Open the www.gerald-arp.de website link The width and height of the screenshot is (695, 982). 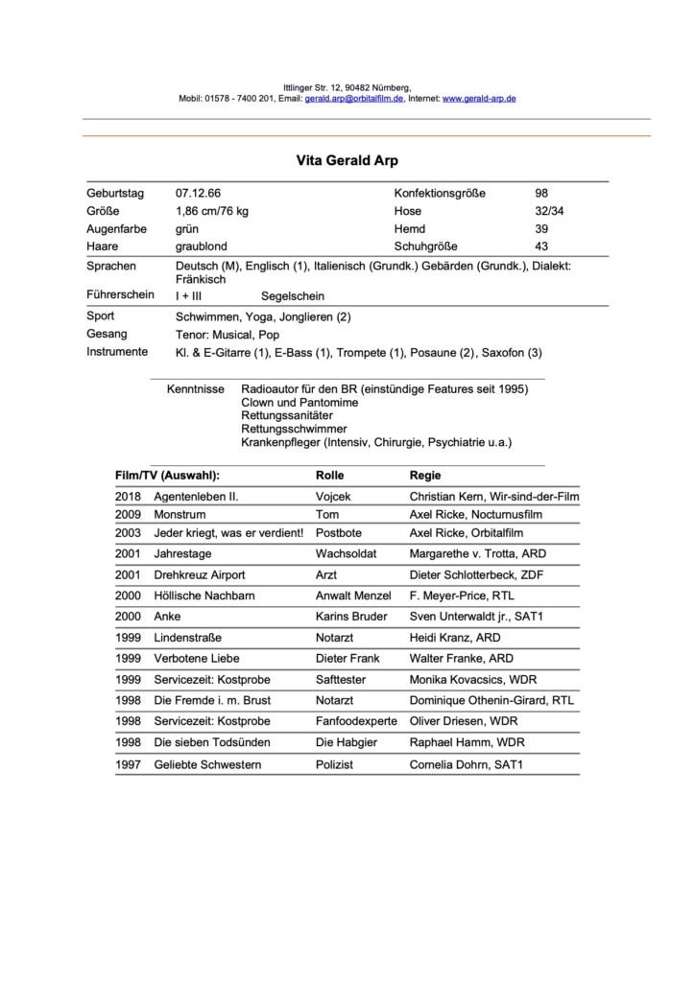point(480,99)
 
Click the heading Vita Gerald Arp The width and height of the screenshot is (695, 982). point(347,163)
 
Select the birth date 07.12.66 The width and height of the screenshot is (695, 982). point(199,194)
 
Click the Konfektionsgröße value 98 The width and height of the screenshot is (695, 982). point(541,194)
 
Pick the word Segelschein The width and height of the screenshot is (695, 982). point(293,297)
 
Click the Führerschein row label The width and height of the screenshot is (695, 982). point(120,295)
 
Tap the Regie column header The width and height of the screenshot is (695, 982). point(426,475)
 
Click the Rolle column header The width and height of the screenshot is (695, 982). point(329,475)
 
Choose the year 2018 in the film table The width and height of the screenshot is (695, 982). point(128,497)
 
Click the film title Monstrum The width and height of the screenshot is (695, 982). point(180,515)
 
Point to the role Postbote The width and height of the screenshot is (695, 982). point(338,533)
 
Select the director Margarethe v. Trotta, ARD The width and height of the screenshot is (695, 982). point(485,554)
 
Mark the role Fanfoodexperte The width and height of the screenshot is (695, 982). point(354,721)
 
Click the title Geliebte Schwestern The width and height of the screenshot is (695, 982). point(207,764)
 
